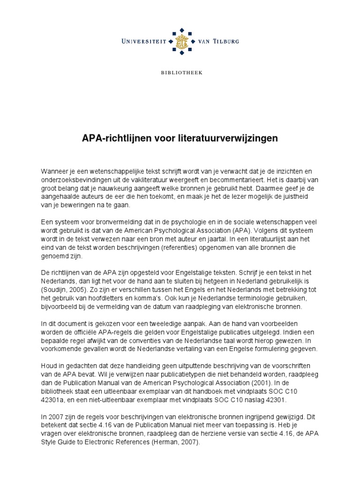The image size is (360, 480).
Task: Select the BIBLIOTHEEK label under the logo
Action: coord(180,73)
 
